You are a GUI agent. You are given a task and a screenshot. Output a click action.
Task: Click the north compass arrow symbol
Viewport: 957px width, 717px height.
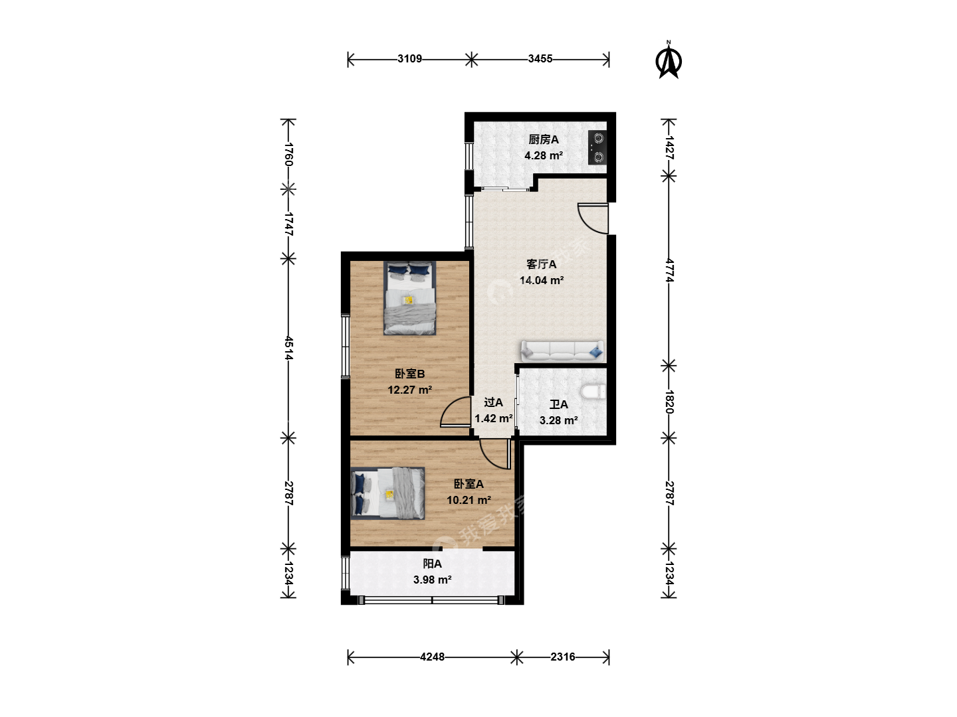click(669, 61)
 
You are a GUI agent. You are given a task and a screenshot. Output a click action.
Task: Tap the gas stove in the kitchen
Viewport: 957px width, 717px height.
click(597, 148)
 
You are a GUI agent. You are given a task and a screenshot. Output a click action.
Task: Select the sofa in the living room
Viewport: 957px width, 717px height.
click(562, 351)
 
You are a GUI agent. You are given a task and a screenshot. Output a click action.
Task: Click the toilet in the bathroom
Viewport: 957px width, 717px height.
click(593, 392)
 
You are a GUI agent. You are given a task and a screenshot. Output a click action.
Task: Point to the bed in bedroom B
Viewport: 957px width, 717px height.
click(409, 298)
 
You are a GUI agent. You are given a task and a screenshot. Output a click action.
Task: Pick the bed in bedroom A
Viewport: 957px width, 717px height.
click(387, 494)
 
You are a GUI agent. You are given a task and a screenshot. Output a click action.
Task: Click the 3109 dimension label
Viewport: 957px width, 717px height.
click(409, 59)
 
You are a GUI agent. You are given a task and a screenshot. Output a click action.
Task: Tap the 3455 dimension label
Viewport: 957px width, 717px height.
click(540, 59)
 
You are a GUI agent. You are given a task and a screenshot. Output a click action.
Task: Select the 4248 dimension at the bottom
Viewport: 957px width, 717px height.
click(432, 657)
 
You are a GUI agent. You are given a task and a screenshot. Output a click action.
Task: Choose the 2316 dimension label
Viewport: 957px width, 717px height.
click(562, 657)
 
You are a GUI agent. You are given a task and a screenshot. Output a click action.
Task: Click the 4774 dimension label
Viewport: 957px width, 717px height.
click(669, 271)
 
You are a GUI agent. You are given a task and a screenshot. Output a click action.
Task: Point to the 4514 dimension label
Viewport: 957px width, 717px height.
click(288, 348)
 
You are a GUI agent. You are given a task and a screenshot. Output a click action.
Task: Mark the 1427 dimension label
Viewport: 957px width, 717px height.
click(669, 147)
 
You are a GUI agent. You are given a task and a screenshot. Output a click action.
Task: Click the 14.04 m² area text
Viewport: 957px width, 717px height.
click(542, 280)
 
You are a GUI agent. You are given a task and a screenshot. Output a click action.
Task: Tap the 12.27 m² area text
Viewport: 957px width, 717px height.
click(410, 390)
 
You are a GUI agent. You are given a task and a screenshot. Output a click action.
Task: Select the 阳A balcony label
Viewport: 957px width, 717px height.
click(432, 564)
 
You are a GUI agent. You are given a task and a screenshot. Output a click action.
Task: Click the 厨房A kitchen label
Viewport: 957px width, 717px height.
click(543, 139)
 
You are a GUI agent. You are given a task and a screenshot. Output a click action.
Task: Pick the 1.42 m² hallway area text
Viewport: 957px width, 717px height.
click(494, 419)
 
